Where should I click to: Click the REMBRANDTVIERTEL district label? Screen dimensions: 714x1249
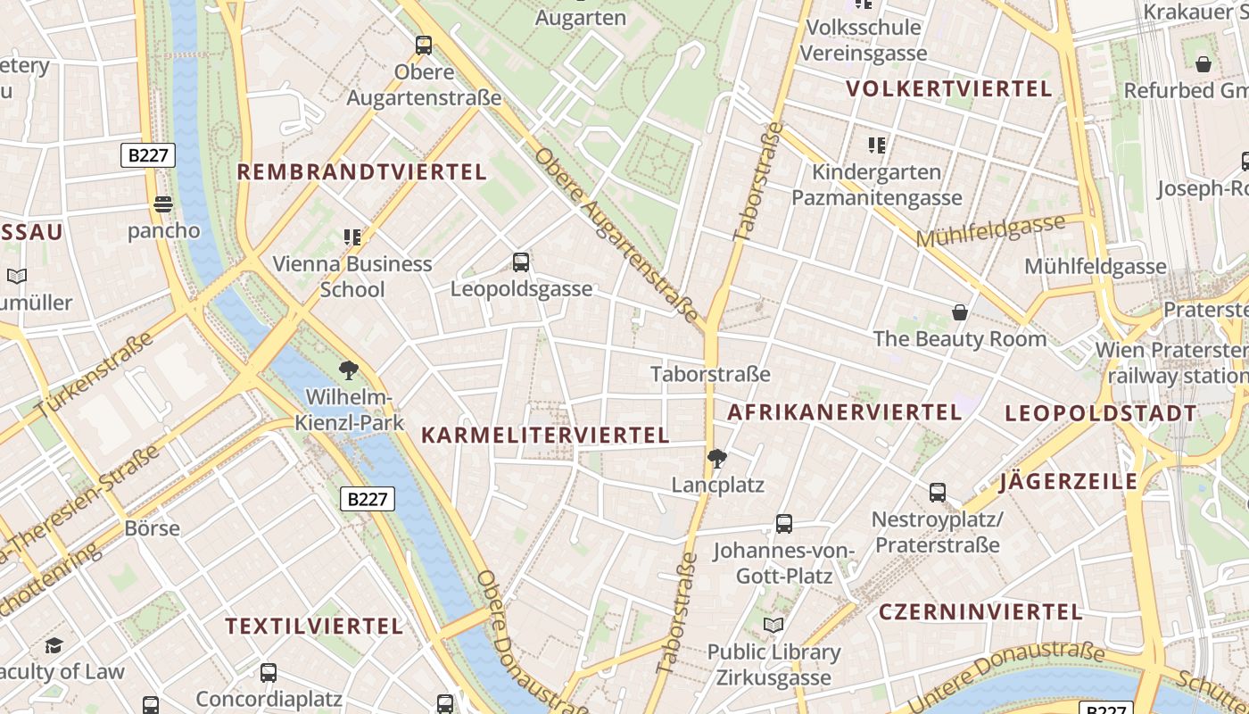point(361,172)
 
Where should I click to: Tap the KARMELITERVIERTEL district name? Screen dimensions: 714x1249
point(544,436)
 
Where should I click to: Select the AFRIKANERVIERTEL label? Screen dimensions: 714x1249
point(844,412)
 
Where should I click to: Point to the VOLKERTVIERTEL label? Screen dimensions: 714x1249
point(949,89)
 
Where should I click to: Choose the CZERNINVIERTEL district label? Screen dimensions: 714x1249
point(980,612)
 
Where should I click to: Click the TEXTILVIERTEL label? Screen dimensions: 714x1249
point(314,627)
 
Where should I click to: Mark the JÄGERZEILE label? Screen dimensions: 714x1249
point(1069,482)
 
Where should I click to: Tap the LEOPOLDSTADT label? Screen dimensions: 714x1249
point(1101,413)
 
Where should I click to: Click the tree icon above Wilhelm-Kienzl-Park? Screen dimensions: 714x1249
point(349,369)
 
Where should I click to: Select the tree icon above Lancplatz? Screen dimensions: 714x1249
point(716,459)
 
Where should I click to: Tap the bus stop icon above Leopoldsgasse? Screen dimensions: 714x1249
point(521,262)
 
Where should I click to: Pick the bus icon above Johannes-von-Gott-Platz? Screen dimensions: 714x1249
point(784,524)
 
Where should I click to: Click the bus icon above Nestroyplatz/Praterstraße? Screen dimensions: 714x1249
point(938,492)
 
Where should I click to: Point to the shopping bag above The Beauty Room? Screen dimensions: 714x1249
point(960,312)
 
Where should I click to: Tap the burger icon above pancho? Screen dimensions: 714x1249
point(162,204)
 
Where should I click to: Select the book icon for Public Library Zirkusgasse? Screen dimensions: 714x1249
point(773,626)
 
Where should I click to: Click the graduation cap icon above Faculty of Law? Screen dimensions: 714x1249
point(54,645)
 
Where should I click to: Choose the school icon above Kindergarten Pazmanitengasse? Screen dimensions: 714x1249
point(877,145)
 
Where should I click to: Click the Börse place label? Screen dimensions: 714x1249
point(152,528)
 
